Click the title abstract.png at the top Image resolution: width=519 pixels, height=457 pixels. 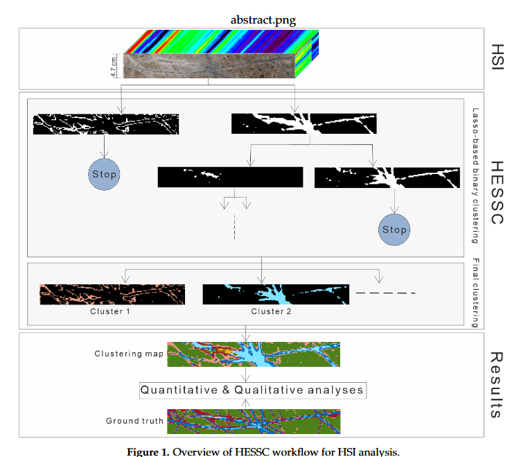[x=263, y=19]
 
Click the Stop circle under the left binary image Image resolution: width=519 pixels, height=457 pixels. [x=105, y=174]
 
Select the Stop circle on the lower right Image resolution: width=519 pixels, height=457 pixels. [x=394, y=230]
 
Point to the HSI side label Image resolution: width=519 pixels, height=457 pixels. [x=496, y=56]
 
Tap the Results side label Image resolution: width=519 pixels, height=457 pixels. [x=496, y=384]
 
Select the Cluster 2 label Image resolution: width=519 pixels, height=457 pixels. [x=271, y=311]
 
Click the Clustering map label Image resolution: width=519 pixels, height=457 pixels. [x=129, y=354]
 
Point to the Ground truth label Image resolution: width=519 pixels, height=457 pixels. [x=134, y=420]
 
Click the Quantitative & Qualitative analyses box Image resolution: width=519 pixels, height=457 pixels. [x=252, y=390]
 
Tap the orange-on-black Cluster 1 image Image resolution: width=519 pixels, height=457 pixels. [x=112, y=294]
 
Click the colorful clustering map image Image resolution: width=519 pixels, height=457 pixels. [x=254, y=354]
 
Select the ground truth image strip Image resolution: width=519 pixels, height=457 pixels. [x=254, y=420]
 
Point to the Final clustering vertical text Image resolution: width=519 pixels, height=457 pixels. [x=476, y=293]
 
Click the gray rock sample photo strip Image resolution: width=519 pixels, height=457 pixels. [x=208, y=67]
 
